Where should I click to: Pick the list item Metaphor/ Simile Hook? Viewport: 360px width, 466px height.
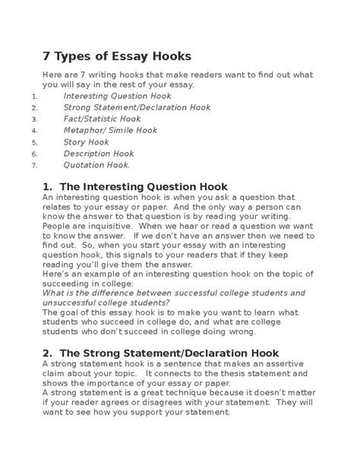[x=110, y=131]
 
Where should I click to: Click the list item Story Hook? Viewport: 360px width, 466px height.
[x=87, y=142]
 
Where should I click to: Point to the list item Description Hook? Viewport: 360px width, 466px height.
[x=99, y=154]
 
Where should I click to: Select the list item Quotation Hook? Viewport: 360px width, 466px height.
[x=96, y=165]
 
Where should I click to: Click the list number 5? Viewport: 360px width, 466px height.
[x=34, y=142]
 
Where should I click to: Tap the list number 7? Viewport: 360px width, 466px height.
[x=34, y=165]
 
